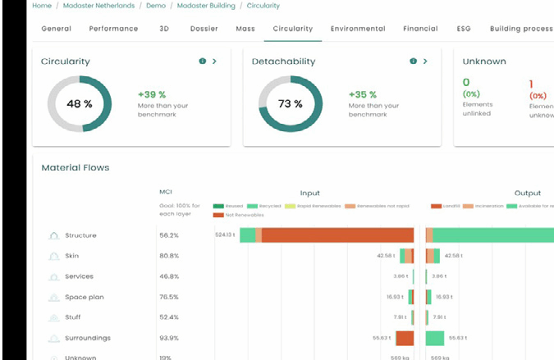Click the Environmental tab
click(357, 29)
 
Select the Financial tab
click(420, 29)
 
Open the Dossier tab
click(204, 29)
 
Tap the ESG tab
click(464, 29)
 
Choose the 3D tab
click(164, 29)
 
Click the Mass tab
click(245, 29)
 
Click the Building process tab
click(520, 29)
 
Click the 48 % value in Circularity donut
click(79, 104)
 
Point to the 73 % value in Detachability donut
click(290, 104)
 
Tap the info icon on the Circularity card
click(202, 62)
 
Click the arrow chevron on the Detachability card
click(425, 62)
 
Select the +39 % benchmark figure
click(152, 94)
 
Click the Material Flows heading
click(75, 167)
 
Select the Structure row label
click(80, 235)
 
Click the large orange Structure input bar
click(337, 235)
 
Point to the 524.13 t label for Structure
click(225, 235)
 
